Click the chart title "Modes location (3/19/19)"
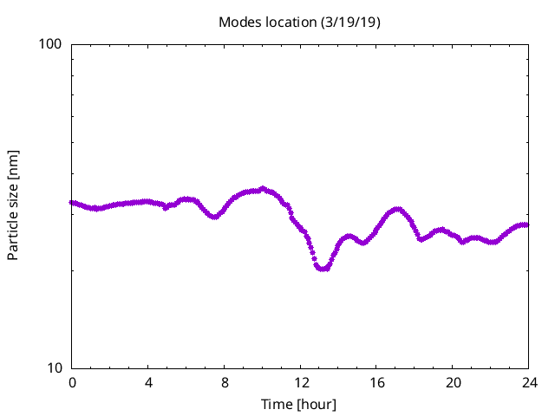click(x=299, y=22)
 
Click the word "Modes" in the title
click(x=238, y=22)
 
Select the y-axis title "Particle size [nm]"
click(x=13, y=205)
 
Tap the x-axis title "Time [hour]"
click(x=299, y=405)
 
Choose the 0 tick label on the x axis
click(x=72, y=382)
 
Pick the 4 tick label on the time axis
click(x=148, y=382)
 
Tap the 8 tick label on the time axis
click(x=225, y=382)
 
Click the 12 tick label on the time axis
click(x=300, y=382)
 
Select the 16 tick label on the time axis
click(x=376, y=382)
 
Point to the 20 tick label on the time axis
click(x=453, y=382)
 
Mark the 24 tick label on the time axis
click(x=528, y=382)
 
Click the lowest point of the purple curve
click(x=323, y=269)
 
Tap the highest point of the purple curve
click(x=263, y=188)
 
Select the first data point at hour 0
click(x=72, y=202)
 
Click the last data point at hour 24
click(x=526, y=224)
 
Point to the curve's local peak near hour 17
click(x=398, y=209)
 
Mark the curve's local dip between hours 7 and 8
click(x=213, y=217)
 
